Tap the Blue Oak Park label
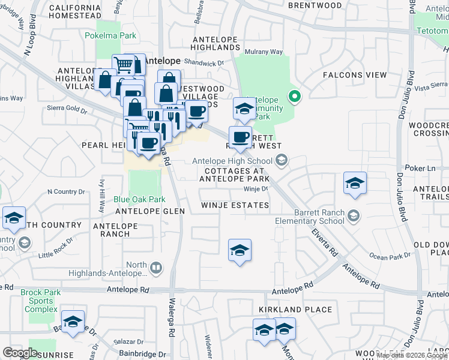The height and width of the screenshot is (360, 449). point(139,199)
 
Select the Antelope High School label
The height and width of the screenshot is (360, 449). point(232,160)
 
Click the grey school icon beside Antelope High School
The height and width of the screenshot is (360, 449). point(282,160)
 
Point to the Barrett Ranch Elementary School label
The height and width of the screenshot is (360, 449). point(320,217)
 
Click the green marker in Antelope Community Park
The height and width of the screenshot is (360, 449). point(294,96)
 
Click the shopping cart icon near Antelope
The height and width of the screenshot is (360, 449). point(123,64)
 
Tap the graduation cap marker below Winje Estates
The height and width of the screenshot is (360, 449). point(240,250)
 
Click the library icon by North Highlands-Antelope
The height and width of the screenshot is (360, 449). point(155,268)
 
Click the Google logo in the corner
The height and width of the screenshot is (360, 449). point(20,352)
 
